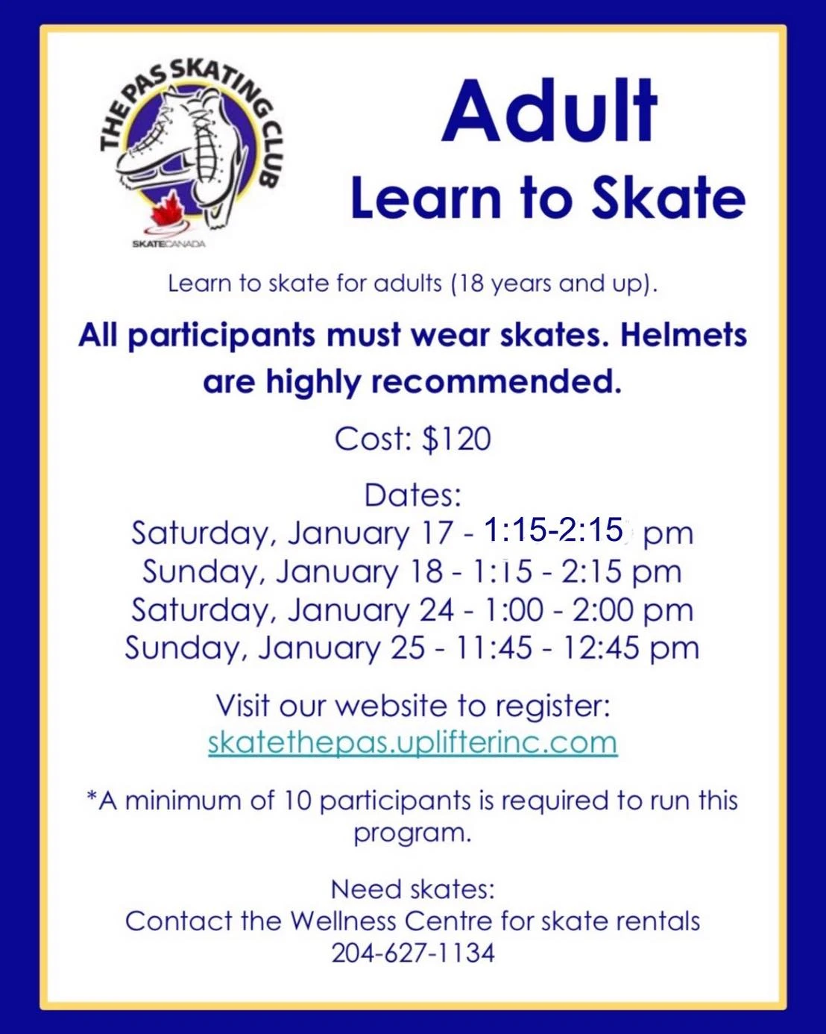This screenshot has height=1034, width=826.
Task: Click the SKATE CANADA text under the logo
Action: click(168, 244)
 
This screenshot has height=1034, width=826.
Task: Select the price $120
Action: click(457, 439)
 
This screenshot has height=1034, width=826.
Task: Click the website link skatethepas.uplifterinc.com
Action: click(413, 742)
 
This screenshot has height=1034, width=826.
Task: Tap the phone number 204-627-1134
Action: click(413, 953)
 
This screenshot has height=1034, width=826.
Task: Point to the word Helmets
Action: click(684, 335)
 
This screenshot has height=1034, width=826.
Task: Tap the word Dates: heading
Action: click(413, 495)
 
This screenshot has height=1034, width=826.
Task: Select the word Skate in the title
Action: click(669, 198)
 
